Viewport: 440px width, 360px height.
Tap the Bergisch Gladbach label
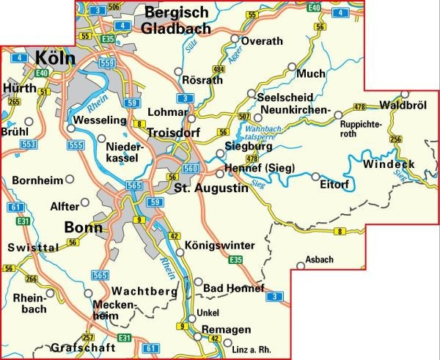177,21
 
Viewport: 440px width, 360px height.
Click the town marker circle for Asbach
299,267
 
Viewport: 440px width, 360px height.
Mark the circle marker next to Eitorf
315,177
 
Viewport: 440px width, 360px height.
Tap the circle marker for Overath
235,39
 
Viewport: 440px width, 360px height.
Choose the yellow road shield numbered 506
113,7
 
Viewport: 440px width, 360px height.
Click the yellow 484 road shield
218,69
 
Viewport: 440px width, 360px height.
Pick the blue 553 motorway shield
29,145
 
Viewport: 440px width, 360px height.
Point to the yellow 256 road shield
396,139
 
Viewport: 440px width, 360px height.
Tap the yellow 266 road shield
31,279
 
